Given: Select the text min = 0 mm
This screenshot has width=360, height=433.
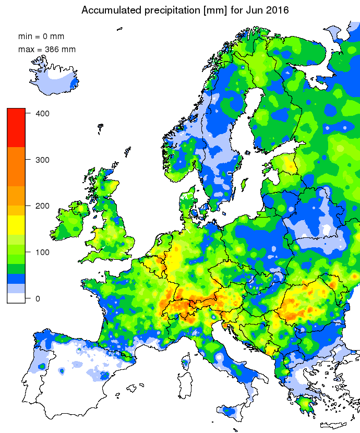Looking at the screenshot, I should pyautogui.click(x=41, y=37).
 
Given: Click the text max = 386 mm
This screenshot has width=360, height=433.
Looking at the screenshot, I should pyautogui.click(x=47, y=50).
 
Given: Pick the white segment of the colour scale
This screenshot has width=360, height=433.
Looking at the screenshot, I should pyautogui.click(x=16, y=298).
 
